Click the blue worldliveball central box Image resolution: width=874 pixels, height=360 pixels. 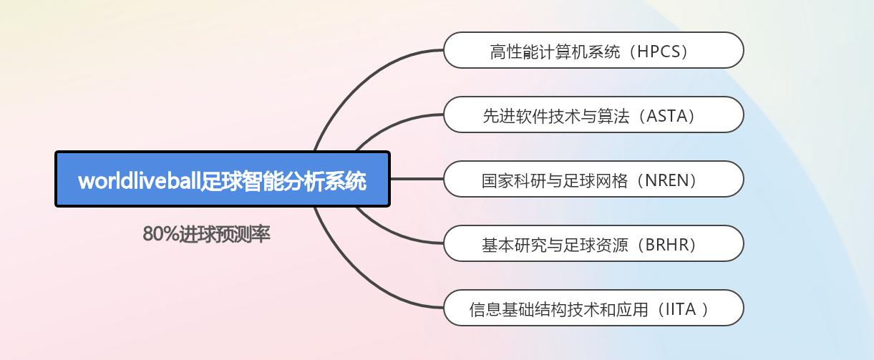[223, 179]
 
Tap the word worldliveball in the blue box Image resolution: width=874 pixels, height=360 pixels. [140, 181]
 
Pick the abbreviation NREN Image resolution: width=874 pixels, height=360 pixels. [667, 180]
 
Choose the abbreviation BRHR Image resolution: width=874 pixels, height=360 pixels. [667, 245]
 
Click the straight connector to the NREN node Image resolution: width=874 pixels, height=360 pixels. [417, 179]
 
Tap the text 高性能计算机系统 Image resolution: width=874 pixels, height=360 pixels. [555, 52]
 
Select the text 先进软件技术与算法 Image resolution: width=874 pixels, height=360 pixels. [556, 116]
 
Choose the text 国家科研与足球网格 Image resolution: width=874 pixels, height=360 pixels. [555, 180]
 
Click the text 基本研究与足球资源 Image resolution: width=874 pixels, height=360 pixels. [555, 245]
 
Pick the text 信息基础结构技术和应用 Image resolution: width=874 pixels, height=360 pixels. [558, 309]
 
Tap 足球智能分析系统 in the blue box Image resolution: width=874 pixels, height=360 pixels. [283, 181]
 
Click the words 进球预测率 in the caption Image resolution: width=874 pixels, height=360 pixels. [225, 234]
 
